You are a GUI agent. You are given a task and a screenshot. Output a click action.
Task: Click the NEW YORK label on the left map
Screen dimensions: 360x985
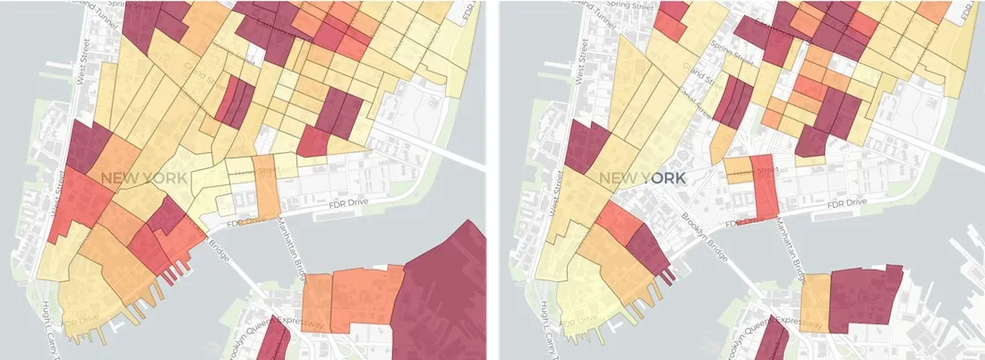pyautogui.click(x=143, y=178)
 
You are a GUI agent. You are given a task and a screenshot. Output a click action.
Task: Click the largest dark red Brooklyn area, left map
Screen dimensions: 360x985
pyautogui.click(x=443, y=287)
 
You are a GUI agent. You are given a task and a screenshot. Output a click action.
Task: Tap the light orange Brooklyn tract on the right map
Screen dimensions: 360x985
pyautogui.click(x=815, y=304)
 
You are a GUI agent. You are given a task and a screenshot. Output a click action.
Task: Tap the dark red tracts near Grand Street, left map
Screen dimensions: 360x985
pyautogui.click(x=235, y=100)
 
